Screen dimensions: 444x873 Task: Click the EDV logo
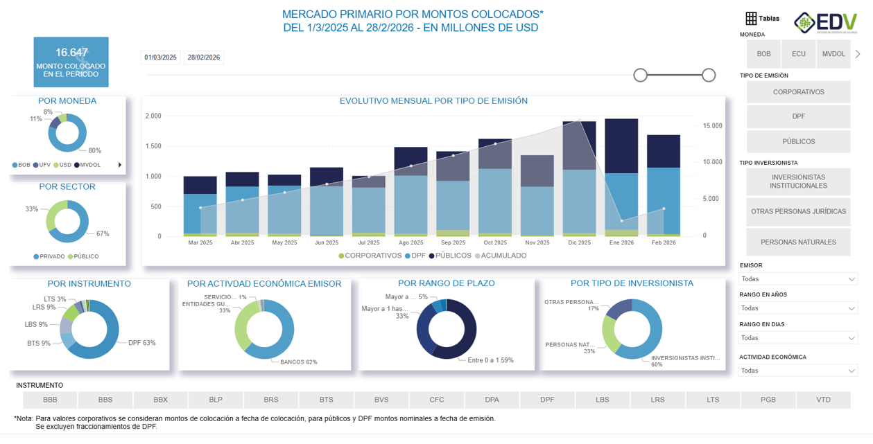coord(825,22)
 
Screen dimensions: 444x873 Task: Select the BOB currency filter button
coord(763,54)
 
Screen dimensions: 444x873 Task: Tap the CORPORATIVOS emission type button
coord(798,92)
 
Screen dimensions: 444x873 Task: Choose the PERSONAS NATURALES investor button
coord(798,242)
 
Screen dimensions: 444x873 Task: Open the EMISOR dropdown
coord(798,279)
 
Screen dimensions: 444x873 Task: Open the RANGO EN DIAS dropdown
coord(798,338)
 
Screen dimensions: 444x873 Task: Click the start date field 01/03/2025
coord(161,57)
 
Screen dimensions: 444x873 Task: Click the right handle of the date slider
coord(708,75)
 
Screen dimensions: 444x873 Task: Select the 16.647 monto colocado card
coord(71,62)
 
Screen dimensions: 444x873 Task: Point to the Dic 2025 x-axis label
coord(579,243)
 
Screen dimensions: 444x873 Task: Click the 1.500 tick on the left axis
coord(153,146)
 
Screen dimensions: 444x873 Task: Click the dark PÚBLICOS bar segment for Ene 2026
coord(621,145)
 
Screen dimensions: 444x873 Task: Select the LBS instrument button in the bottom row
coord(602,400)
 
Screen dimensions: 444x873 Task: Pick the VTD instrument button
coord(823,400)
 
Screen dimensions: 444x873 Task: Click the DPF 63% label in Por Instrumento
coord(141,343)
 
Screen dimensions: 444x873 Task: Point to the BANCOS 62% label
coord(298,362)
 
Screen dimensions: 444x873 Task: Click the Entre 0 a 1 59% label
coord(490,360)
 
